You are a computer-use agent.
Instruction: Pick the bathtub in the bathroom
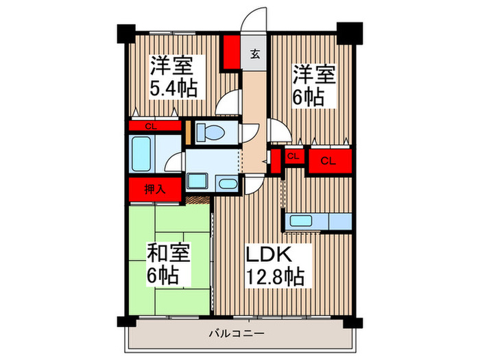point(143,155)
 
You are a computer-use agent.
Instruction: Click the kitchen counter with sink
point(319,221)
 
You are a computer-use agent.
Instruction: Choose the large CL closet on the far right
point(329,161)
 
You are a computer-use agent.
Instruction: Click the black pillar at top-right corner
point(349,32)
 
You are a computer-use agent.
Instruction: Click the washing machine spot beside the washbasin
point(227,184)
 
